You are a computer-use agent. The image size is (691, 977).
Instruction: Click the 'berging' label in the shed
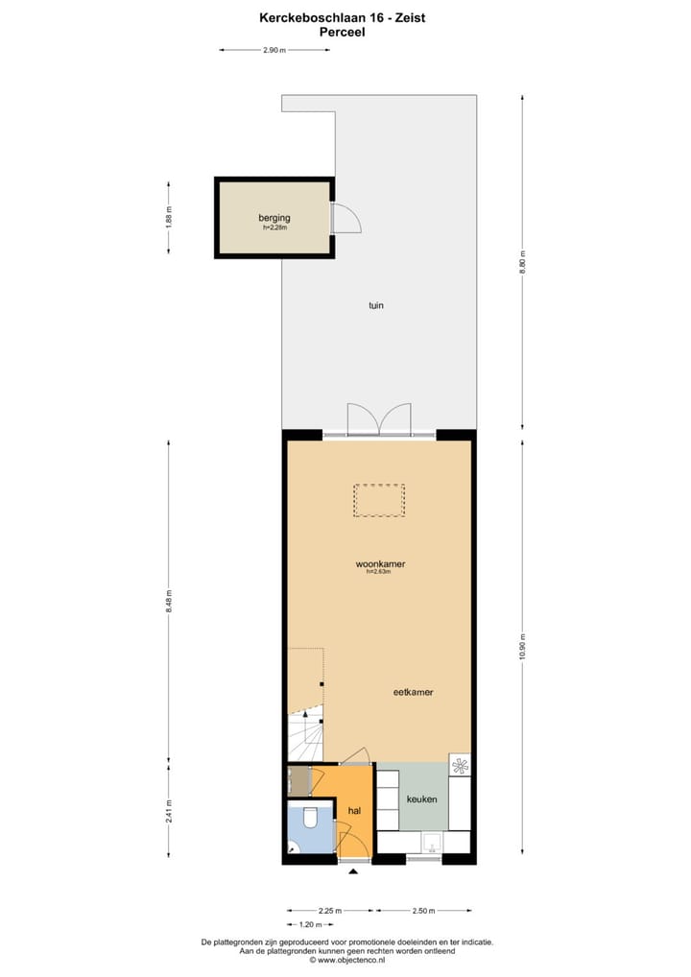point(274,218)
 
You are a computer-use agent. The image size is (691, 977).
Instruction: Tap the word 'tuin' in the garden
point(377,305)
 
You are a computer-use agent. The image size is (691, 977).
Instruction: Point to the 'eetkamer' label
point(413,692)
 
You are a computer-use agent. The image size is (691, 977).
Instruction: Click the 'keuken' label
point(422,798)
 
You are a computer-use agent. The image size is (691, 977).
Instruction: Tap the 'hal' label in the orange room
point(354,811)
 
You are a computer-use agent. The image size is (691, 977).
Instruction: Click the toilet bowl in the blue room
point(310,818)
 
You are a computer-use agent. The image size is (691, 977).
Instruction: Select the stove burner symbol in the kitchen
point(461,765)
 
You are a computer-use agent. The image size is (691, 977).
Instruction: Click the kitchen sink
point(433,844)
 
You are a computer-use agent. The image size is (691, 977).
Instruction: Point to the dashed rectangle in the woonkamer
point(379,500)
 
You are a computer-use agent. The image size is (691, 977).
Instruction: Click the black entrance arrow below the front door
point(353,871)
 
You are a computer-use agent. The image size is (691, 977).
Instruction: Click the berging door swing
point(345,219)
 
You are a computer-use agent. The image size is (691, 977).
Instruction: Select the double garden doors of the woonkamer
point(379,420)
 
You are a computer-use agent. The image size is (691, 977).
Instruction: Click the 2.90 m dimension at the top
point(274,50)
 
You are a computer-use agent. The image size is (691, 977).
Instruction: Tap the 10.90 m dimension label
point(523,644)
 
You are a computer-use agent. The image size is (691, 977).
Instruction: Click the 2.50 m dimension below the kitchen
point(423,911)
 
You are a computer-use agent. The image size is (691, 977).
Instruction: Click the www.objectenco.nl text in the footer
point(345,959)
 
